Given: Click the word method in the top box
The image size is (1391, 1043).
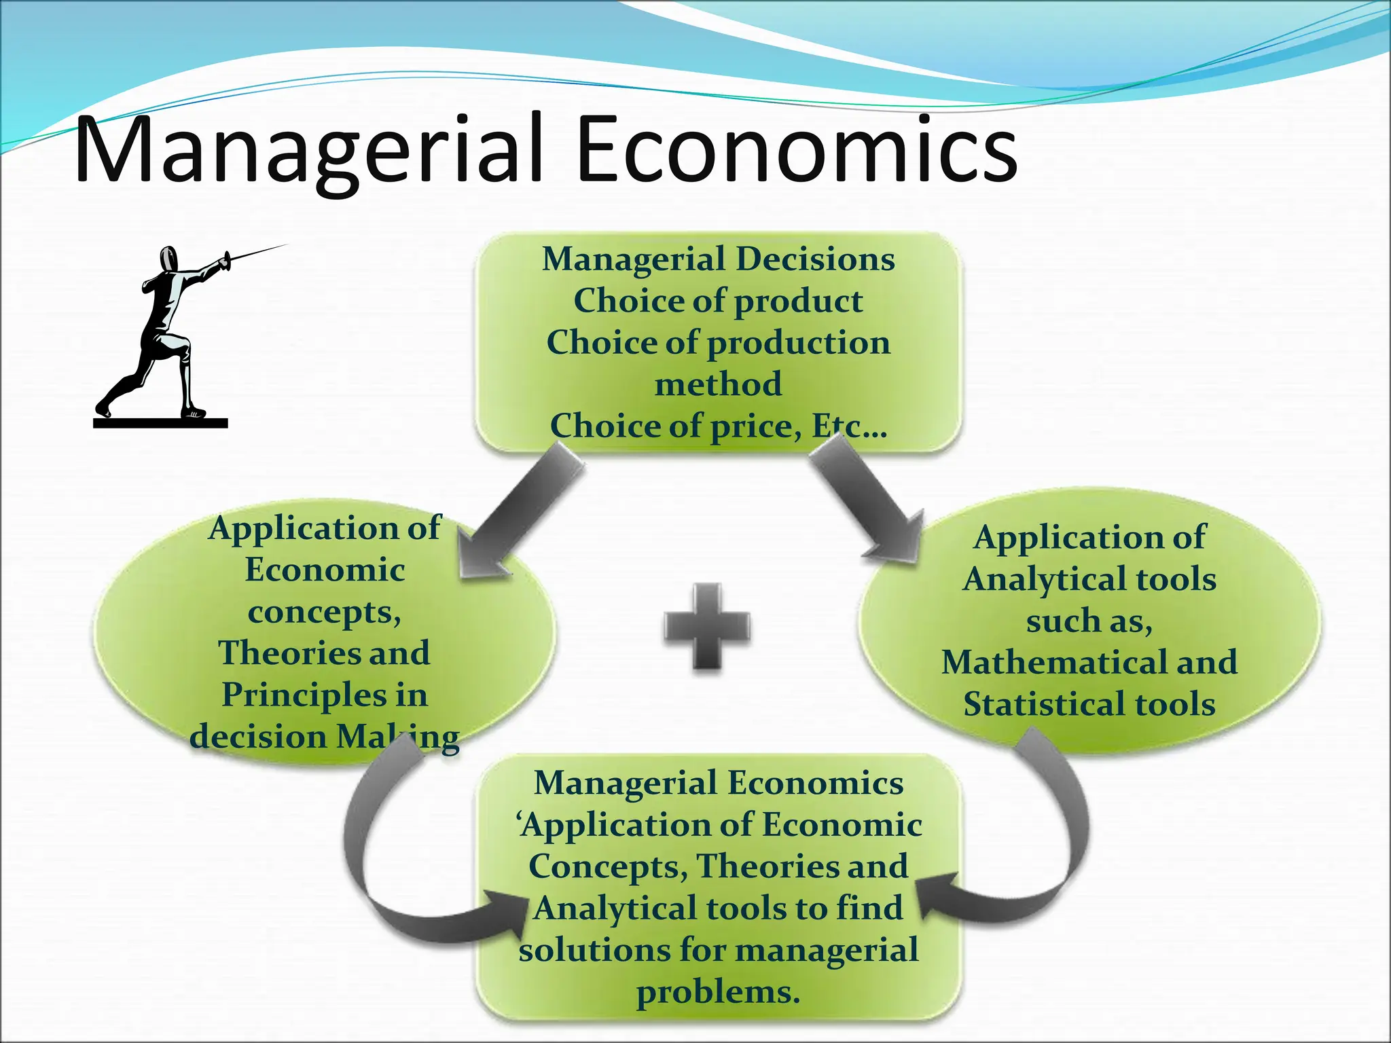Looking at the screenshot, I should pos(718,384).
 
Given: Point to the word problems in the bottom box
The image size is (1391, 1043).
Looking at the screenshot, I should pos(718,993).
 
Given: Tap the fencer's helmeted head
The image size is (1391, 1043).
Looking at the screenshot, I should pos(168,259).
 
